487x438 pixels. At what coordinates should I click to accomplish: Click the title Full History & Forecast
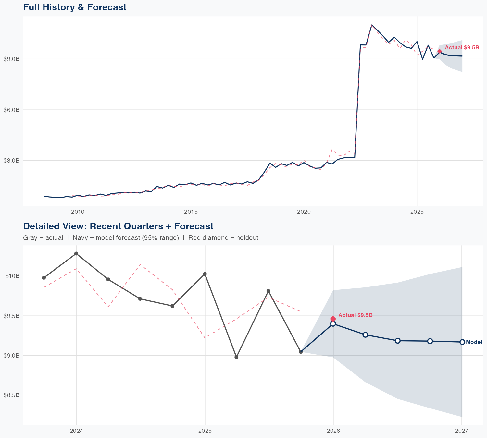point(75,7)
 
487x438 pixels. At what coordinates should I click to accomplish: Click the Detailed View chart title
point(118,226)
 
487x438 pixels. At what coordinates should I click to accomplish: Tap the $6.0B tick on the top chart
point(11,110)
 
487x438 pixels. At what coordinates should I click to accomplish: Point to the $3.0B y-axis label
point(11,161)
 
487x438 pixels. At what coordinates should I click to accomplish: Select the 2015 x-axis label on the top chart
point(191,212)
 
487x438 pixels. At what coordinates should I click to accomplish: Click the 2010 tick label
point(78,212)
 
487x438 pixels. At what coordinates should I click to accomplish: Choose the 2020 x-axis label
point(304,212)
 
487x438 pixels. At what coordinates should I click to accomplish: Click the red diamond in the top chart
point(439,51)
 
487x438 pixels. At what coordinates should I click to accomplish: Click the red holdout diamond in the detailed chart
point(333,319)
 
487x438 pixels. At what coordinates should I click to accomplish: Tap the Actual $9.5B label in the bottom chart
point(356,315)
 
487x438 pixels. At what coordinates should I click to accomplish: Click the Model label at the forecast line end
point(474,342)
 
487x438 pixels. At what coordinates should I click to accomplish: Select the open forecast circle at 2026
point(333,324)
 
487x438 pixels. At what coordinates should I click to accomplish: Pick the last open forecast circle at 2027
point(462,342)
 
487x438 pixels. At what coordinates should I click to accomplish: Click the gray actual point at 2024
point(76,253)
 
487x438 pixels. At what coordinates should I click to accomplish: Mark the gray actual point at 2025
point(205,274)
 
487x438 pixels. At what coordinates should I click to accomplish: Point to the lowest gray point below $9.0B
point(236,357)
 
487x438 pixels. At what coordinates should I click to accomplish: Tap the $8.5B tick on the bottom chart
point(11,395)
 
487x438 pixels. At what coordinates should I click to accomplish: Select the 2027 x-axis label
point(461,431)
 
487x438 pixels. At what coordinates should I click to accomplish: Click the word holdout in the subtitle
point(247,238)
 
